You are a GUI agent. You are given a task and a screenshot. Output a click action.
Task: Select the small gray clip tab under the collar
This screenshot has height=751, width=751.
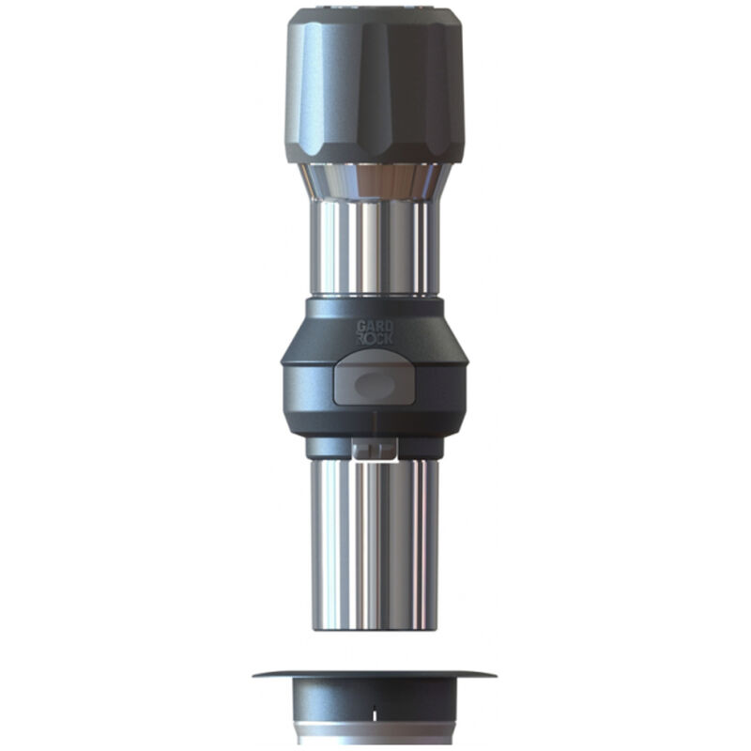tap(374, 450)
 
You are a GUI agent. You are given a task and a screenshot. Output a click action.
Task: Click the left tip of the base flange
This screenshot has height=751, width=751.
tap(255, 674)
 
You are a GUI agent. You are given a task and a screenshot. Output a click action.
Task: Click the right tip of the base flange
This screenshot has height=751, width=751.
tap(494, 674)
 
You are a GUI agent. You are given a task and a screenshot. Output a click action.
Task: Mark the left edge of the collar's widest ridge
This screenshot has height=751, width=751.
tap(283, 361)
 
